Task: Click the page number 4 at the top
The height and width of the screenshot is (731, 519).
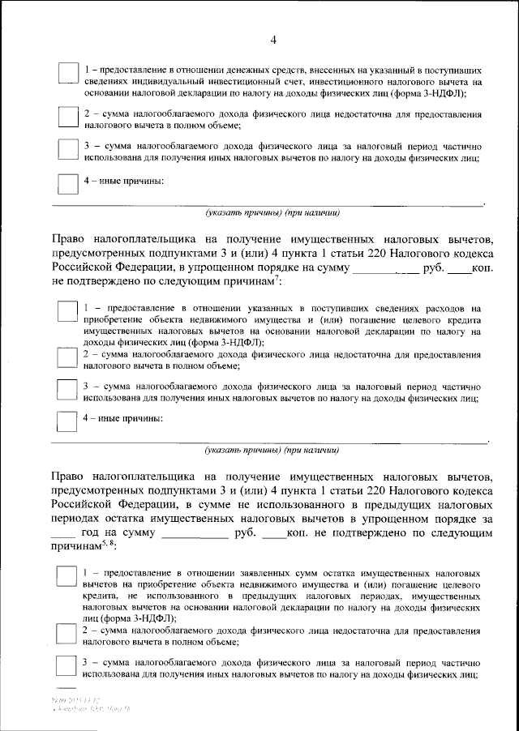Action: click(273, 41)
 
